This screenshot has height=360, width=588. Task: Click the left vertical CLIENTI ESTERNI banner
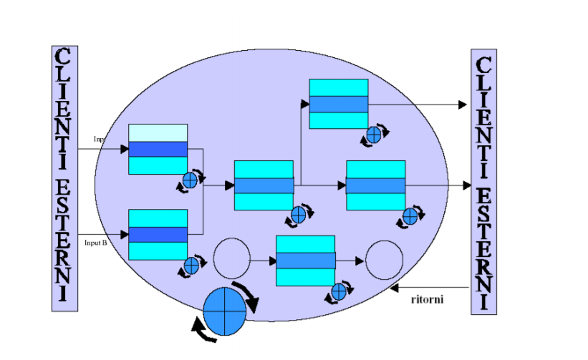pyautogui.click(x=64, y=178)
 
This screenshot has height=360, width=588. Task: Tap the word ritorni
pyautogui.click(x=428, y=298)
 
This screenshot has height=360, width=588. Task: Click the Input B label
pyautogui.click(x=96, y=243)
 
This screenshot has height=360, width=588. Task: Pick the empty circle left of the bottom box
pyautogui.click(x=232, y=259)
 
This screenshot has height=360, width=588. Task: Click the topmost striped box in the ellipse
pyautogui.click(x=338, y=104)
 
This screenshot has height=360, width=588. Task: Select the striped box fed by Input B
pyautogui.click(x=158, y=234)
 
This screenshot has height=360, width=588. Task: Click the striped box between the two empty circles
pyautogui.click(x=306, y=260)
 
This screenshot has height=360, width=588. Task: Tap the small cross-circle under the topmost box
pyautogui.click(x=374, y=135)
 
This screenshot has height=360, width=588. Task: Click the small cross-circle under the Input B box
pyautogui.click(x=191, y=266)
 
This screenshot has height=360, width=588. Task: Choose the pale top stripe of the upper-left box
pyautogui.click(x=158, y=132)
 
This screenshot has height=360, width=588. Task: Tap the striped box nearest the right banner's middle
pyautogui.click(x=375, y=185)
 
